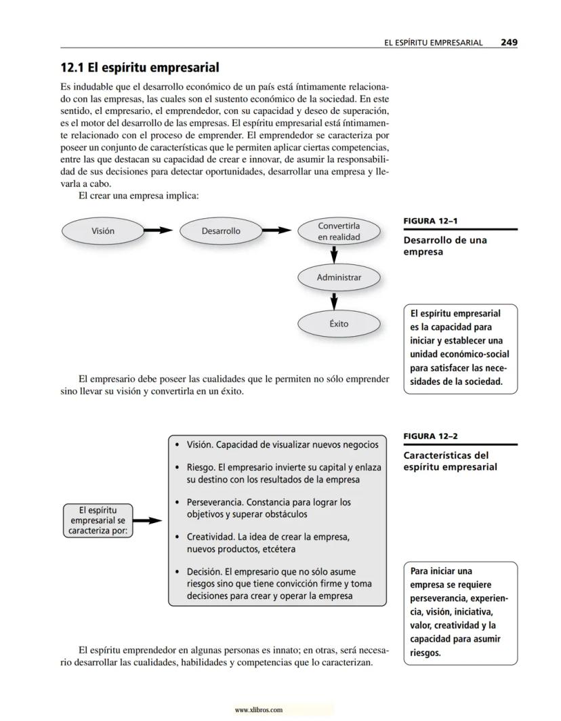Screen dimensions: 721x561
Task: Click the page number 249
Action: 509,42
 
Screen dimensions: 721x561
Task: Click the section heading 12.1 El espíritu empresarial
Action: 140,68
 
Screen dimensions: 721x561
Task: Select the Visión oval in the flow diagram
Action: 103,231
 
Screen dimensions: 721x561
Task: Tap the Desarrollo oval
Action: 221,231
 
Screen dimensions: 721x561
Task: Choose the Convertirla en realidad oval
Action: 339,231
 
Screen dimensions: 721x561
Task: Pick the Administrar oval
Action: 339,277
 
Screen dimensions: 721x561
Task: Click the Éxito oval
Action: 339,324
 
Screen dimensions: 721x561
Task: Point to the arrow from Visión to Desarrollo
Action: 159,231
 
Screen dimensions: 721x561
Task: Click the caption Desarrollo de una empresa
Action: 445,246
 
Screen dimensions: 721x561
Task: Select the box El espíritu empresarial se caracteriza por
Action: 98,520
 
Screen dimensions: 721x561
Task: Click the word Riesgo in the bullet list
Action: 201,468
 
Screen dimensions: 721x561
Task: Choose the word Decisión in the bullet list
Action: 203,572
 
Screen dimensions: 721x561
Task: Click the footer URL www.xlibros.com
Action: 258,710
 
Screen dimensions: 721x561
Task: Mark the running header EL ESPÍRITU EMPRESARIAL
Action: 433,42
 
